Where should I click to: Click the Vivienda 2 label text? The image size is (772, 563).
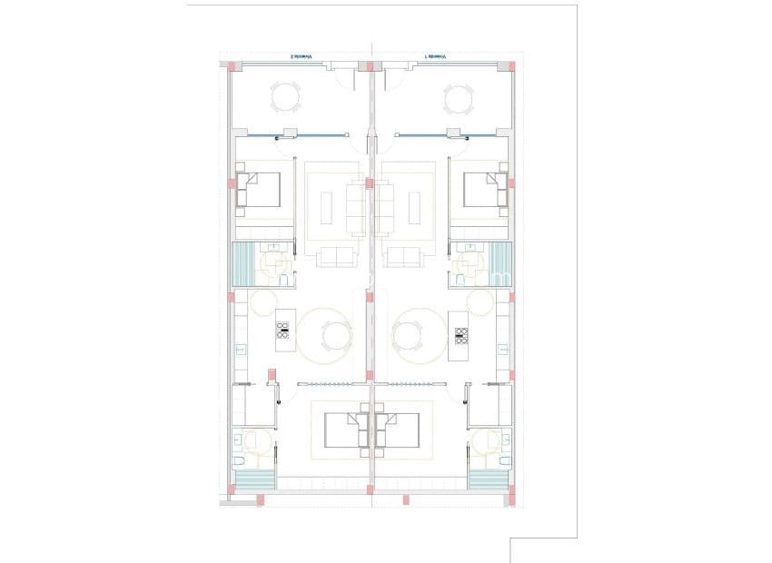301,56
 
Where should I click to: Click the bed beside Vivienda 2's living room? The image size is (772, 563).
261,190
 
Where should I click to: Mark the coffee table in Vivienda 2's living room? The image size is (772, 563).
329,207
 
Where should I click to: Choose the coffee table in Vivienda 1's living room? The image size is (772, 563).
415,207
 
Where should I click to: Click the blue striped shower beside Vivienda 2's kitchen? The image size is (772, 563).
245,265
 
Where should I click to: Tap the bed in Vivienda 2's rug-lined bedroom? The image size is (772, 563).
343,430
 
